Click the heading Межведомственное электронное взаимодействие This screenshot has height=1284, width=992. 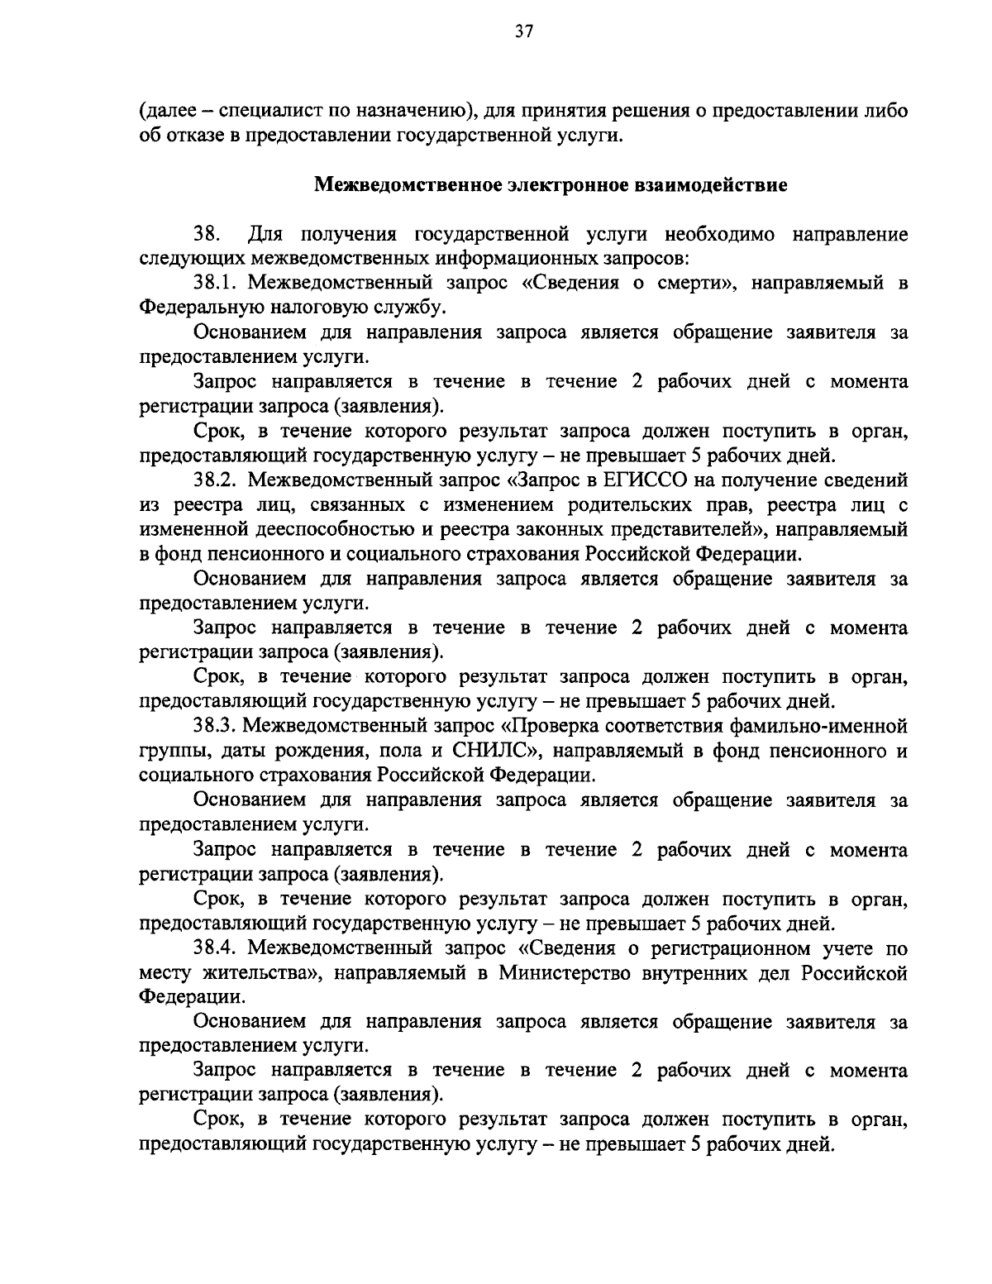pos(551,184)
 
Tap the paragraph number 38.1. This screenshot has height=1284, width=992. pos(216,283)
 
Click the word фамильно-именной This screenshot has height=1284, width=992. pos(818,726)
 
